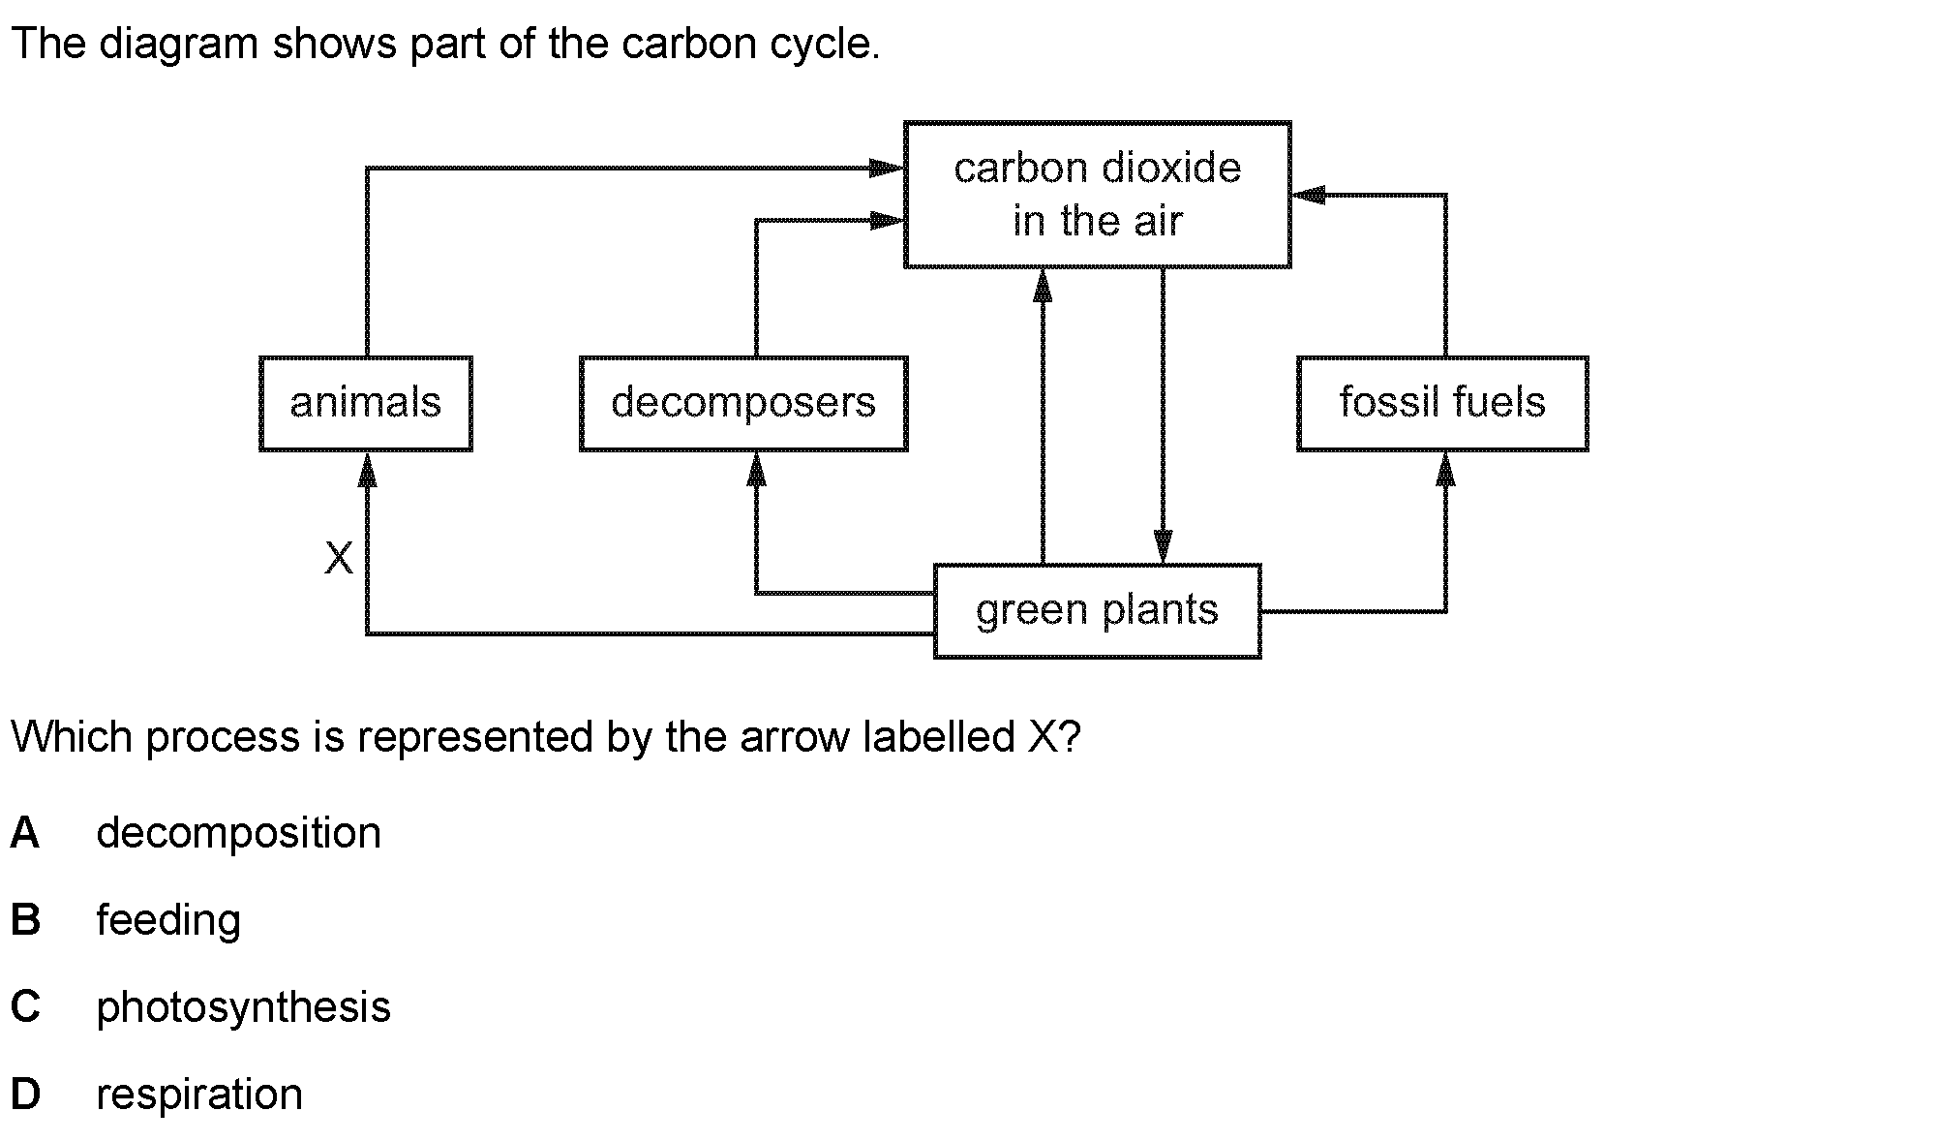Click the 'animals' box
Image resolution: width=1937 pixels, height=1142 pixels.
click(366, 403)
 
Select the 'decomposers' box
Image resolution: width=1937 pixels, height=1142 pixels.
click(743, 403)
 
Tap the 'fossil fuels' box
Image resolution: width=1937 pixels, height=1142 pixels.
click(1442, 403)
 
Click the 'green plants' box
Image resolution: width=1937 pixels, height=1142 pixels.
click(1097, 610)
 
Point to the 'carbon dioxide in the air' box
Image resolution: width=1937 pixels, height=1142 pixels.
click(1097, 194)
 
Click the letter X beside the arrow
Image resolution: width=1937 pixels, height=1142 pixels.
click(339, 559)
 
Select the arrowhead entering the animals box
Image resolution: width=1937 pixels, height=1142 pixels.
click(367, 469)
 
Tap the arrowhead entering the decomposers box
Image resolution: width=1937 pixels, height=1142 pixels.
click(757, 469)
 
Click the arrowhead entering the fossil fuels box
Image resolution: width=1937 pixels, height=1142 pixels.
click(1445, 469)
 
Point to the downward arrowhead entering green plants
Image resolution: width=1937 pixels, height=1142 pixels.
click(1163, 546)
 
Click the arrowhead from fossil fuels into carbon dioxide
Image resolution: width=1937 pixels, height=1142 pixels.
click(1309, 196)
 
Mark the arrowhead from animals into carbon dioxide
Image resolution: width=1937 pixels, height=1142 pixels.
click(887, 169)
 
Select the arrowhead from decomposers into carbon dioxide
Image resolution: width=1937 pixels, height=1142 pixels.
click(887, 221)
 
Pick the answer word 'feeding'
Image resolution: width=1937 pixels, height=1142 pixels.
click(168, 920)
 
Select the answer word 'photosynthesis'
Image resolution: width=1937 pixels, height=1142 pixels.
click(243, 1007)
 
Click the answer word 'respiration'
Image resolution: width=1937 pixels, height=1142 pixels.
click(199, 1095)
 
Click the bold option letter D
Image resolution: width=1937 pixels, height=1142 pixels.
click(25, 1095)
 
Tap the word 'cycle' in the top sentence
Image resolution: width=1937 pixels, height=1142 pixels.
click(825, 45)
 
